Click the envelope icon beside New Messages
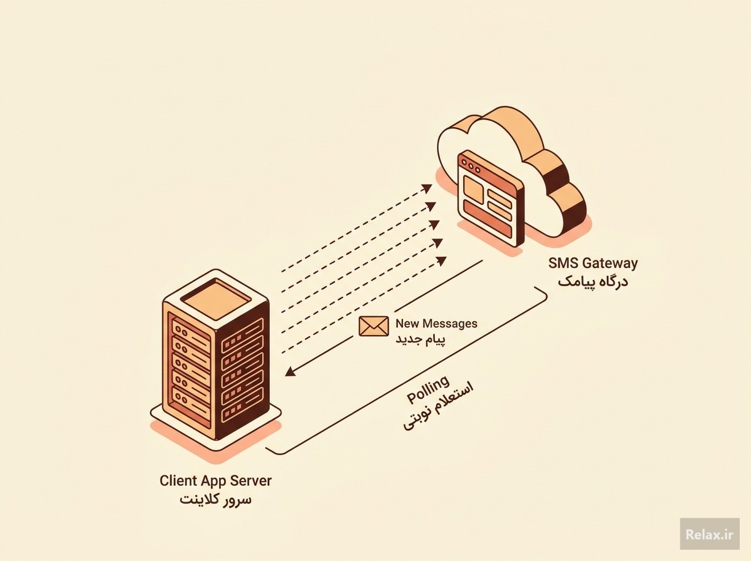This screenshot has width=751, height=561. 374,326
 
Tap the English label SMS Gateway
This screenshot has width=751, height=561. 593,263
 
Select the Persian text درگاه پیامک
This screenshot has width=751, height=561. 593,282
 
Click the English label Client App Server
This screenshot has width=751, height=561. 215,481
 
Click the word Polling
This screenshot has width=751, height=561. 428,389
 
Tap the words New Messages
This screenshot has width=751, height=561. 436,324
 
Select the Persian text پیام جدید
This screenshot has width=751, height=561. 421,339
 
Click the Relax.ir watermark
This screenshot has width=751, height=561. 710,534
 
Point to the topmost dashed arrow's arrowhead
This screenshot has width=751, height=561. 427,188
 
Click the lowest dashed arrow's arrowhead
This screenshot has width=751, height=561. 441,261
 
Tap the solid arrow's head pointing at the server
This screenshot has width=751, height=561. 290,371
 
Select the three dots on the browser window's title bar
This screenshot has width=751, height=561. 471,167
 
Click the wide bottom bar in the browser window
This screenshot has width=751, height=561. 488,218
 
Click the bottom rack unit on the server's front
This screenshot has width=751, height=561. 191,401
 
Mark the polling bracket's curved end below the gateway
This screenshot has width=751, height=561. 544,295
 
